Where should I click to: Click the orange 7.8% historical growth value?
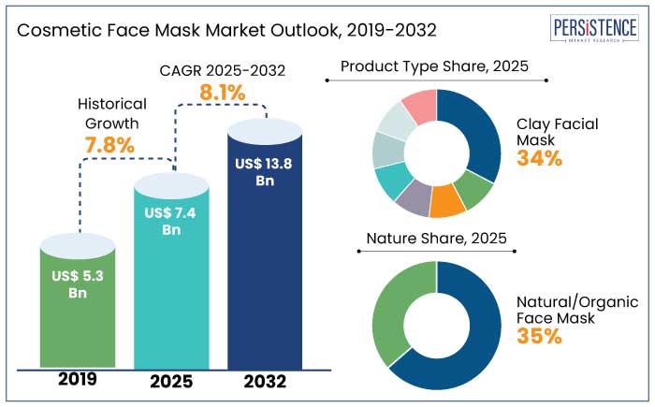pos(109,145)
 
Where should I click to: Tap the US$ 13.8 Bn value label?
pos(266,171)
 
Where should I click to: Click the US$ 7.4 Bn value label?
pos(172,222)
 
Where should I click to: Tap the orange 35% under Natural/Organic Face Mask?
pos(540,335)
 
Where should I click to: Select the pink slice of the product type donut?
pos(421,107)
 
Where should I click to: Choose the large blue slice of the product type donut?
pos(473,131)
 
